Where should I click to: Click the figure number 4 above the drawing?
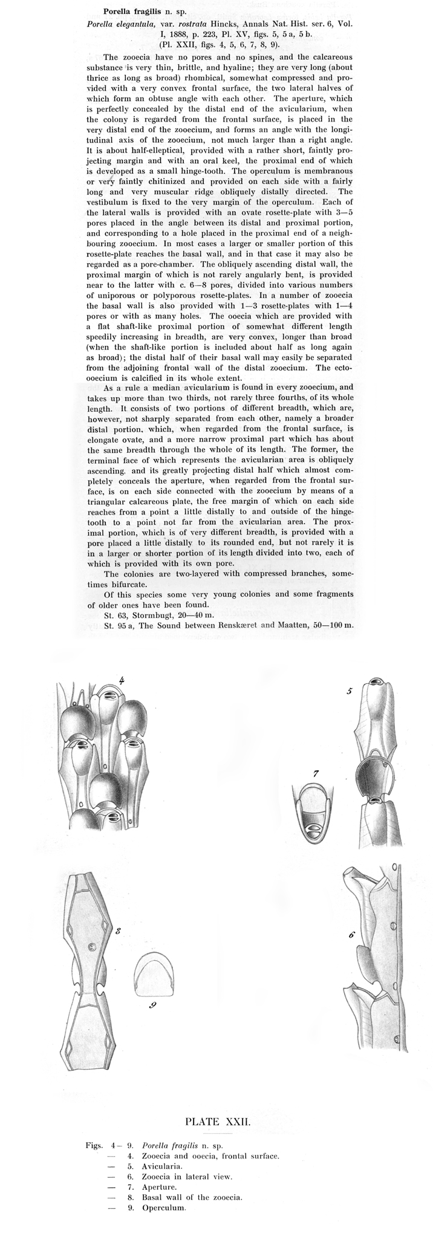(122, 680)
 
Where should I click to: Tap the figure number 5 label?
(350, 690)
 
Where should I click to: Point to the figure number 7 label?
(316, 773)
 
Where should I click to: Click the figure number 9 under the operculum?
(153, 1006)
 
